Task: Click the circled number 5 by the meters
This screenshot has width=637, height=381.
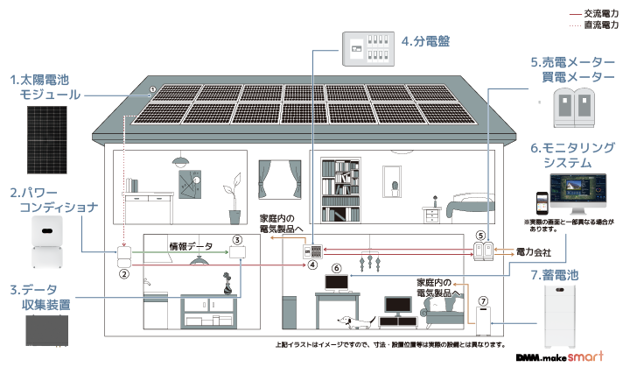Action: pos(479,236)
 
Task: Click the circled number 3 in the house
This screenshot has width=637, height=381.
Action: pos(236,239)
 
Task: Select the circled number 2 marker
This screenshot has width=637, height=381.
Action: pos(124,273)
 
